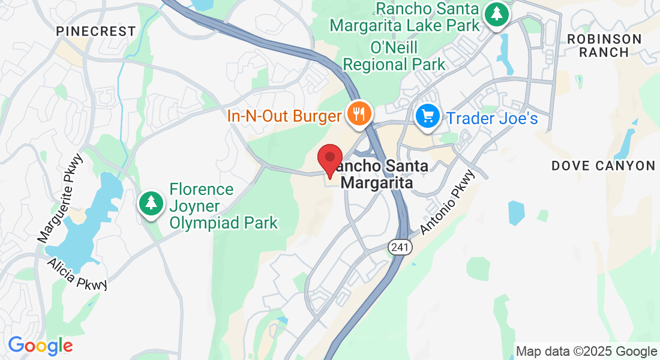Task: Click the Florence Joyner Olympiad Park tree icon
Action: coord(151,203)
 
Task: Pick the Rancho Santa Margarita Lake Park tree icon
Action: coord(496,14)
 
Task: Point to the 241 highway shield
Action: coord(400,247)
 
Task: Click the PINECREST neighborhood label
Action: coord(97,31)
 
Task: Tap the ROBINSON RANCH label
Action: coord(605,46)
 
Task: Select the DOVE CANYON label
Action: coord(604,166)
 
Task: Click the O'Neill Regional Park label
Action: coord(393,56)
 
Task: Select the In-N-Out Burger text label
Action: coord(284,116)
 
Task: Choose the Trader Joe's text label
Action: coord(491,118)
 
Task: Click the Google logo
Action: coord(40,346)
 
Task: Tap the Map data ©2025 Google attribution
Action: coord(586,352)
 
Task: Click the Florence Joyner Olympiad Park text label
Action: coord(223,206)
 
